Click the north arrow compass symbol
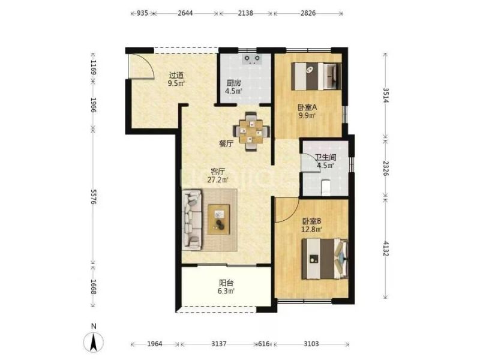click(94, 341)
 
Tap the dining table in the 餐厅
click(251, 131)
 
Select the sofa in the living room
click(192, 219)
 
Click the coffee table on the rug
click(218, 220)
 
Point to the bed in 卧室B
click(325, 259)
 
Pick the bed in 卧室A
click(316, 76)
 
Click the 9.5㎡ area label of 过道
click(176, 83)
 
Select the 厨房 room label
click(233, 83)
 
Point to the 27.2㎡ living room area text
click(218, 179)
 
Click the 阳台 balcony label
click(226, 283)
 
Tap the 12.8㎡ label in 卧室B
click(312, 229)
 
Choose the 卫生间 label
click(326, 158)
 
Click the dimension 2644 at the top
click(185, 13)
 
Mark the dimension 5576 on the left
click(94, 197)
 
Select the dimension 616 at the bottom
click(263, 344)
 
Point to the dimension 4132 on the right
click(385, 249)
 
